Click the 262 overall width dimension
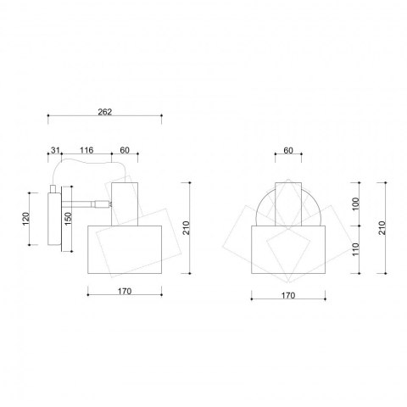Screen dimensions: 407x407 105,112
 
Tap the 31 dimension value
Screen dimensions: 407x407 55,150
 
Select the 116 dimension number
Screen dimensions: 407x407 86,150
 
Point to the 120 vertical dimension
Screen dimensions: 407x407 25,219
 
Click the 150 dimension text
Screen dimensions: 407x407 69,219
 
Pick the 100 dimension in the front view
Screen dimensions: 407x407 356,203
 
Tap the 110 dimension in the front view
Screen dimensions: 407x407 356,249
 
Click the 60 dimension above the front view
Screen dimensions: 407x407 288,151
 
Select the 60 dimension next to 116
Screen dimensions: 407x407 125,150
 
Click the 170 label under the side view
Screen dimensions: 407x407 125,291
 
